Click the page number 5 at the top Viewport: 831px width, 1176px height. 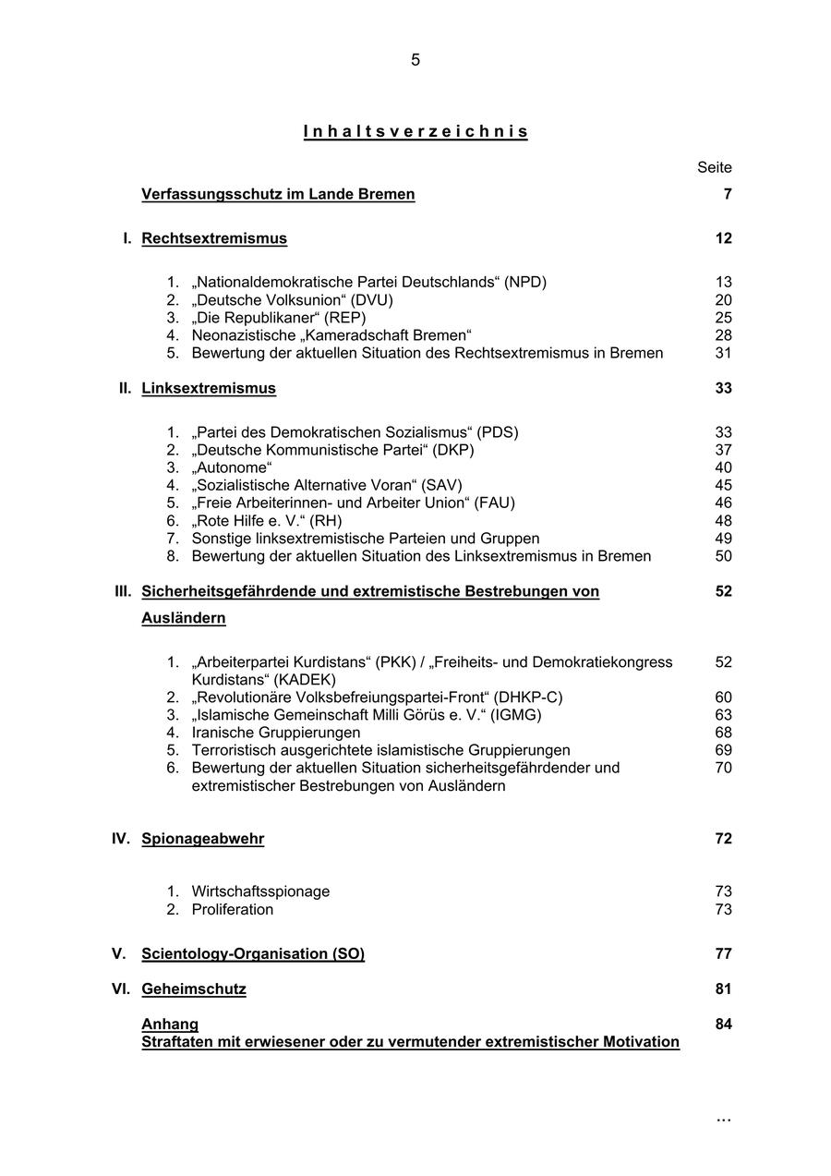click(x=415, y=60)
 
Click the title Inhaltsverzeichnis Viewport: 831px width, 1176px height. click(x=415, y=131)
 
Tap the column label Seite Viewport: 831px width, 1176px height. click(x=714, y=167)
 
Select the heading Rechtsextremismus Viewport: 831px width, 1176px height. click(x=214, y=238)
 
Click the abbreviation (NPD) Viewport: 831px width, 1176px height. click(x=525, y=282)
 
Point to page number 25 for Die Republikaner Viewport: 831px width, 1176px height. click(x=723, y=318)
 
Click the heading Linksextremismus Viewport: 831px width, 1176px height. click(x=209, y=388)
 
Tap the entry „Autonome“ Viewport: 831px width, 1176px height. click(x=232, y=467)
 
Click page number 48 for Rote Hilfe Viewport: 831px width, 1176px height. click(x=723, y=521)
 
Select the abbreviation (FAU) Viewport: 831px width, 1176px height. click(x=496, y=503)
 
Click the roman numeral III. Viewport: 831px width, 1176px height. click(x=123, y=591)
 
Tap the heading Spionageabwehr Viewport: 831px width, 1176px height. click(x=203, y=839)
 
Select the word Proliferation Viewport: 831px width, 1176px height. click(x=233, y=909)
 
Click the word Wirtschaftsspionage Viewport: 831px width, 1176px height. click(x=260, y=891)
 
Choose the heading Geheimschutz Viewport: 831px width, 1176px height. click(x=194, y=989)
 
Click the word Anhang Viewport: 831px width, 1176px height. click(x=170, y=1024)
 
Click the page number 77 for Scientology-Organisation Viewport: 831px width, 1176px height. click(x=723, y=954)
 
